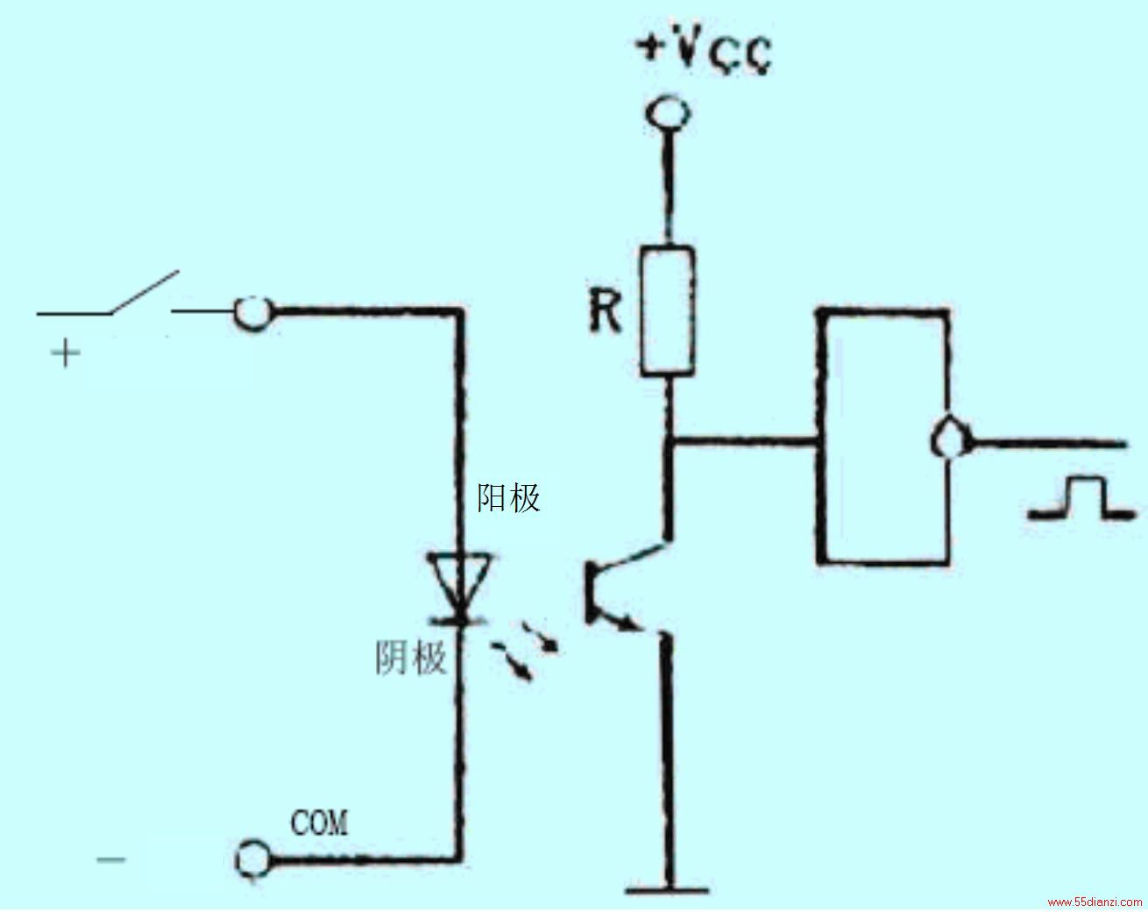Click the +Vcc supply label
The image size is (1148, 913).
click(x=705, y=54)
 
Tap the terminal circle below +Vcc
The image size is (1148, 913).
click(x=668, y=113)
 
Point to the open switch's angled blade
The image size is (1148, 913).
click(x=145, y=292)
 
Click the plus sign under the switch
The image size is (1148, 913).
click(x=65, y=353)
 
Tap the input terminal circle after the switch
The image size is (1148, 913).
click(x=254, y=313)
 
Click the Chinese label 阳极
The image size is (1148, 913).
click(x=508, y=498)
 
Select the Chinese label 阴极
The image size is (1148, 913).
click(x=411, y=658)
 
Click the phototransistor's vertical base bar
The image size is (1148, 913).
click(x=590, y=592)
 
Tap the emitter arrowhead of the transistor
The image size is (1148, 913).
click(x=625, y=622)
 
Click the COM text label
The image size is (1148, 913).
click(x=319, y=823)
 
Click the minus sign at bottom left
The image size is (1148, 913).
click(x=110, y=860)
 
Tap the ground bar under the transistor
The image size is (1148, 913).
click(x=667, y=890)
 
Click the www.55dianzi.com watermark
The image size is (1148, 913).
click(x=1094, y=902)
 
